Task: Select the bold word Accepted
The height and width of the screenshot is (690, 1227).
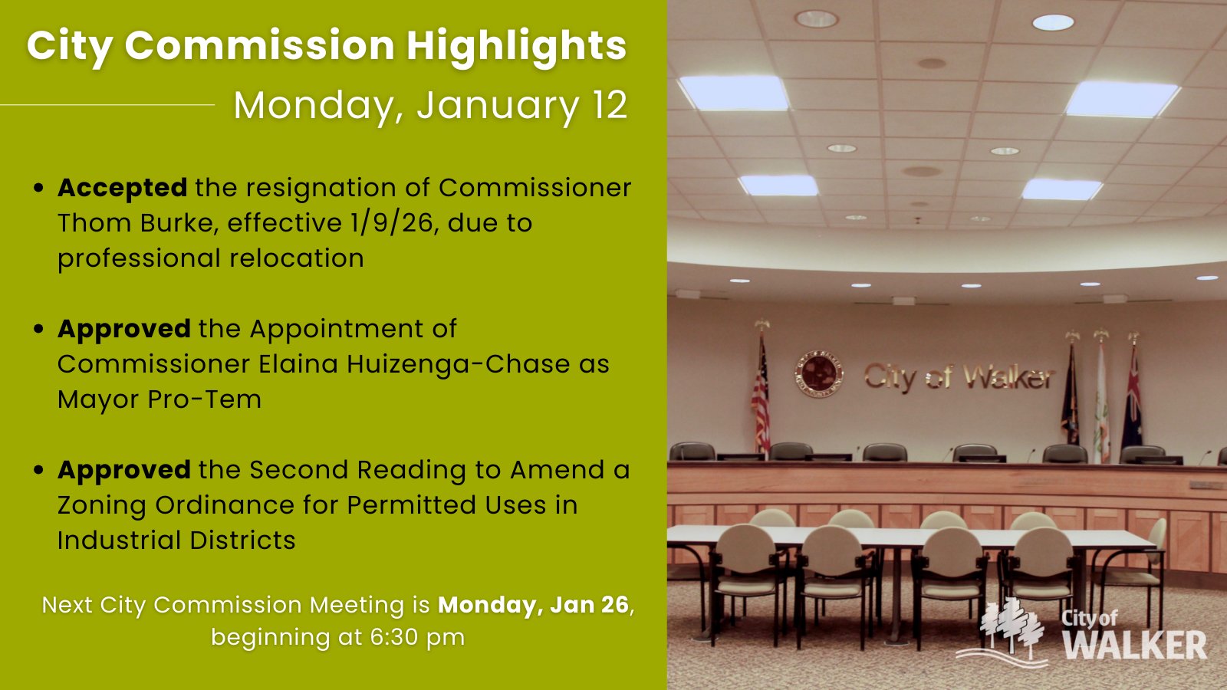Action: tap(123, 188)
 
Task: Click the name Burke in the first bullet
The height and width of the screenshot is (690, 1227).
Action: tap(176, 223)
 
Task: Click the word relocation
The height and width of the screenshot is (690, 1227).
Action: tap(296, 258)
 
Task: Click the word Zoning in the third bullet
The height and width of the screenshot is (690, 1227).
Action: tap(102, 505)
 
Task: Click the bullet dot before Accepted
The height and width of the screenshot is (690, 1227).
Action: tap(38, 188)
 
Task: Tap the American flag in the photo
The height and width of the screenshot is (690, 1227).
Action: tap(760, 392)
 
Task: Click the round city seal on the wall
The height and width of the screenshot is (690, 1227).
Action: tap(819, 374)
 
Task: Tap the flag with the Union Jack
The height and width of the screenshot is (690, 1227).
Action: tap(1132, 397)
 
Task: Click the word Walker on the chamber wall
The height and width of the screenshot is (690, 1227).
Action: tap(1008, 377)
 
